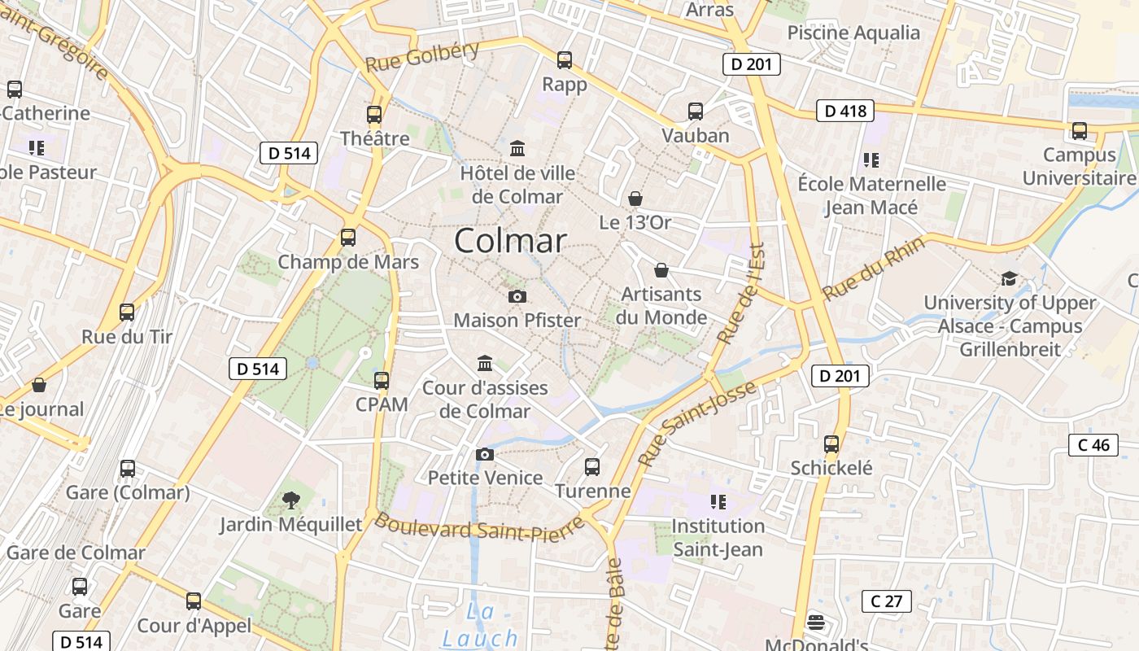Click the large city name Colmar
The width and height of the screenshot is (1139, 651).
[x=510, y=241]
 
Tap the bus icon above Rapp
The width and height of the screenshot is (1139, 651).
[x=565, y=59]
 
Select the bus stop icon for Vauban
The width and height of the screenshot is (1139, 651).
[x=695, y=111]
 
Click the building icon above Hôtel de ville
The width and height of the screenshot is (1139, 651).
[x=517, y=148]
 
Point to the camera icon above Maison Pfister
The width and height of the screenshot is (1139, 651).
[x=517, y=296]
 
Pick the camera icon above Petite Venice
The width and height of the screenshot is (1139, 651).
[x=485, y=454]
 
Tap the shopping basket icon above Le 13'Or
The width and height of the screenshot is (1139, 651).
[x=635, y=199]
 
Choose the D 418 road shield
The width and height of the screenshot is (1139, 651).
[x=845, y=111]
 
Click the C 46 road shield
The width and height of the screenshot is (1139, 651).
[x=1093, y=444]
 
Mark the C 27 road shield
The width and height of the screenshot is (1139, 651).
[x=887, y=601]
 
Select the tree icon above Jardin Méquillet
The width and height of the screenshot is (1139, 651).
[x=290, y=500]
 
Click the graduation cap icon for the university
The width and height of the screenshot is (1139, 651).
[x=1010, y=278]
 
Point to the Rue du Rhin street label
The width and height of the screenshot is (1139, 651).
[x=874, y=269]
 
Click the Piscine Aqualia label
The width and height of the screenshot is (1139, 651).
[x=853, y=33]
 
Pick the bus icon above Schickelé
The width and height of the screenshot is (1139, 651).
[x=831, y=444]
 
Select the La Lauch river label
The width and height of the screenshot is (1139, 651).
[x=480, y=625]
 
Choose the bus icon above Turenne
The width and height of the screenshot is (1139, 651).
[x=592, y=467]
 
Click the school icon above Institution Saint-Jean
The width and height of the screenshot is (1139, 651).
[x=718, y=501]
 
